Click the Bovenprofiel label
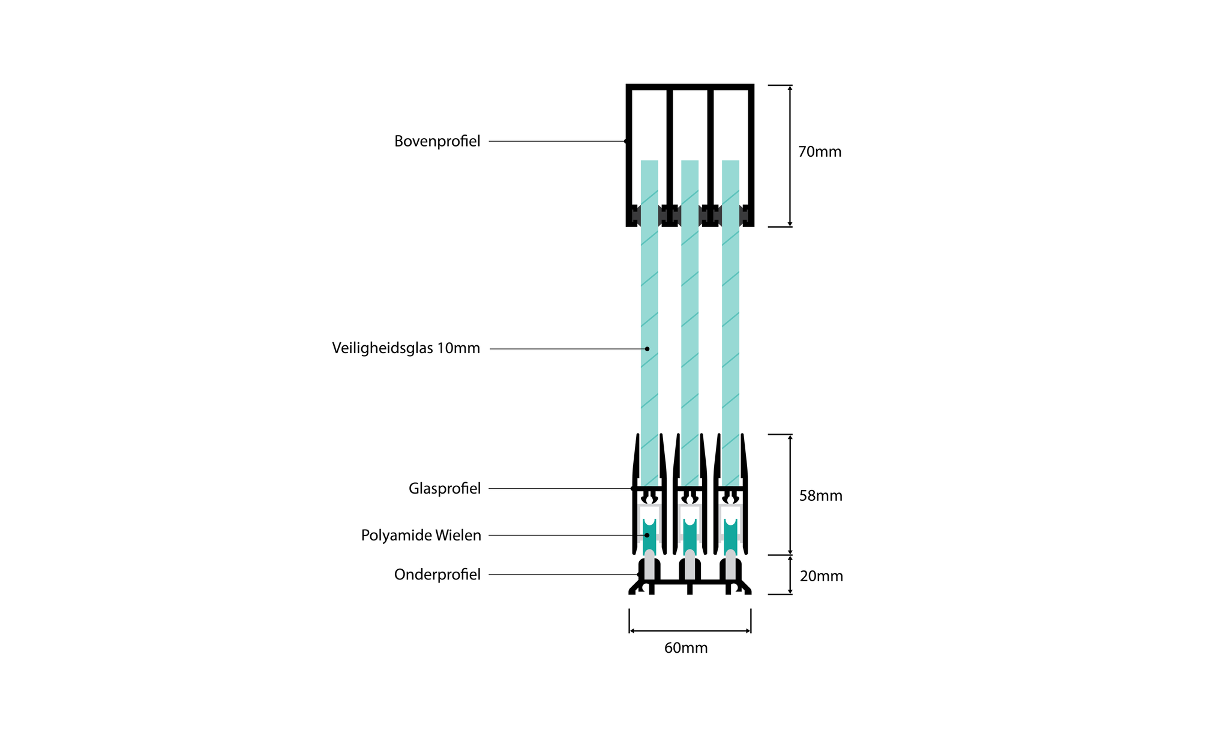click(x=437, y=142)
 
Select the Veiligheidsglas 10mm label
click(x=406, y=348)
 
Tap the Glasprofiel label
click(x=445, y=489)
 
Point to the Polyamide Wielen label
click(x=421, y=535)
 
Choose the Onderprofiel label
click(x=437, y=575)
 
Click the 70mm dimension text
click(x=820, y=152)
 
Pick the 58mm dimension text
click(x=820, y=496)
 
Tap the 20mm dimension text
click(x=821, y=576)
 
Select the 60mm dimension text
click(x=686, y=649)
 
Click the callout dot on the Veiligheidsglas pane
click(x=647, y=349)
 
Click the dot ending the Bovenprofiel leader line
click(x=626, y=142)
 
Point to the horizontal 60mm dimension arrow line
click(x=690, y=631)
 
